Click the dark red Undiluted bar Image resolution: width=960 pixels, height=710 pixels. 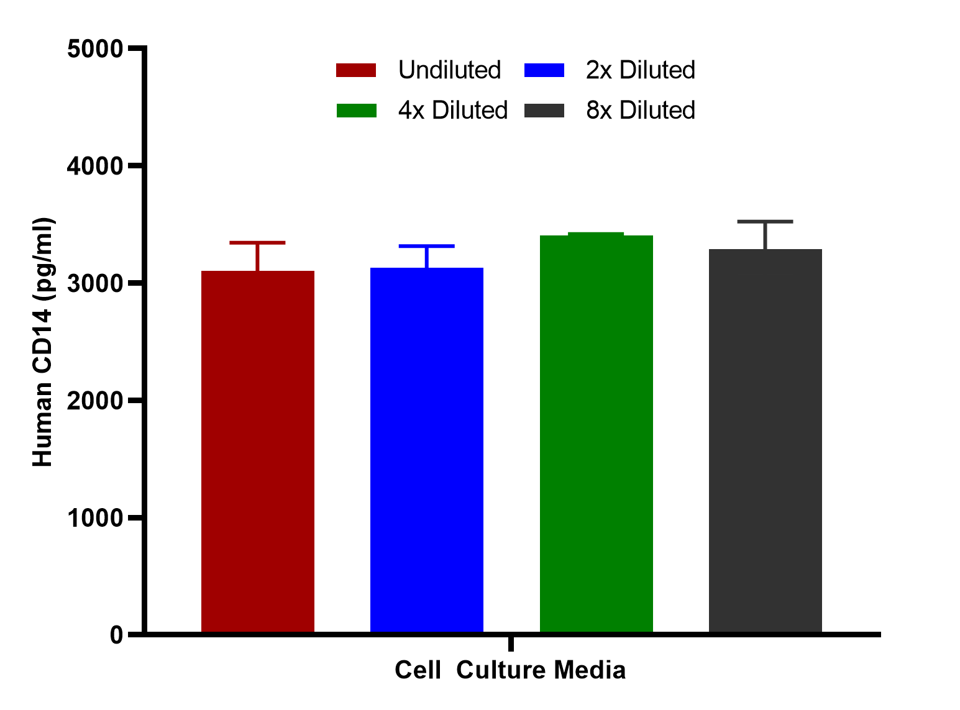coord(257,451)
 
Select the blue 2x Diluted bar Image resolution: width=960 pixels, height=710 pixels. coord(426,450)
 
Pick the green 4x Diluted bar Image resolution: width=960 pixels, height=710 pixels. coord(596,434)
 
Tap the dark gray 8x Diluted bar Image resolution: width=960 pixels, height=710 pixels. coord(766,440)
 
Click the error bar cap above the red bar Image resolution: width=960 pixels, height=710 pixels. coord(257,243)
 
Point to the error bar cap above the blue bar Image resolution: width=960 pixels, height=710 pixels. coord(426,246)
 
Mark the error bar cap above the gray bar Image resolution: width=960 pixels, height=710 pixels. coord(766,222)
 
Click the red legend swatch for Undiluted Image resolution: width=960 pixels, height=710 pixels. coord(356,70)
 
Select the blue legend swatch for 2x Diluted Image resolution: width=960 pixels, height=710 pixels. coord(544,70)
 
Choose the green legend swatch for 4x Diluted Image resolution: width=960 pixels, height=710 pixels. coord(356,111)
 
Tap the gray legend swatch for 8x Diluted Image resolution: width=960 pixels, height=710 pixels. coord(544,111)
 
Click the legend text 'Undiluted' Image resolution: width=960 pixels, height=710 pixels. coord(449,70)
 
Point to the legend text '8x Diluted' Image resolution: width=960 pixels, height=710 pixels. coord(641,110)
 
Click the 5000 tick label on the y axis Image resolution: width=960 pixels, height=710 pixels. coord(95,49)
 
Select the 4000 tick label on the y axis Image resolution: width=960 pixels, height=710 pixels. coord(95,166)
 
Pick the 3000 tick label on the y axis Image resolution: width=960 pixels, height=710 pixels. coord(95,283)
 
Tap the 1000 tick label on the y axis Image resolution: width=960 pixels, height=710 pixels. coord(95,518)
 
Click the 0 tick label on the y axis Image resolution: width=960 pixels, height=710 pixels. coord(116,635)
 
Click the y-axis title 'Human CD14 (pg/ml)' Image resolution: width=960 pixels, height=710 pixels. coord(43,342)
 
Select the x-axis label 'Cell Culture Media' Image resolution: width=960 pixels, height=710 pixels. coord(510,670)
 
